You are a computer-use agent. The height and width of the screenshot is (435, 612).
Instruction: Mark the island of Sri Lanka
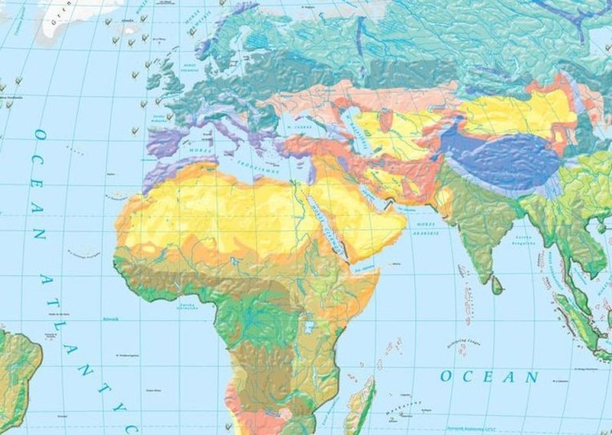[497, 283]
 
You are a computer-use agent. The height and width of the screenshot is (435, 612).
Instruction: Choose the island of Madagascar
[361, 404]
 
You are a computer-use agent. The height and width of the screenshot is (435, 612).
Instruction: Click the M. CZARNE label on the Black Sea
[299, 127]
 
